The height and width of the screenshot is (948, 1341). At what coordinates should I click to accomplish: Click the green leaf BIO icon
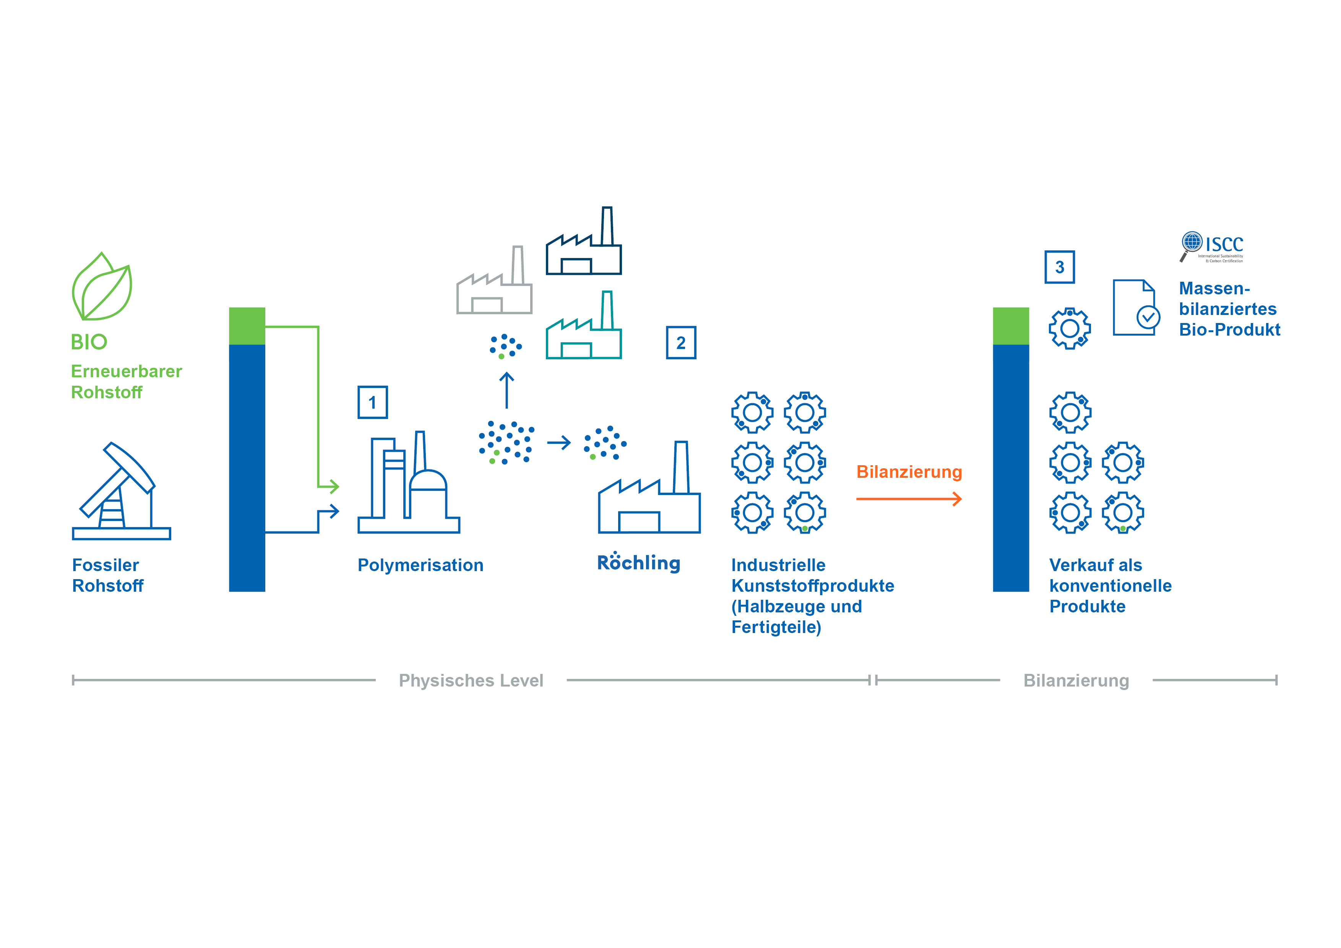(102, 287)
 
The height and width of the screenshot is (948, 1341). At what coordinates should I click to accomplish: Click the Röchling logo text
(638, 562)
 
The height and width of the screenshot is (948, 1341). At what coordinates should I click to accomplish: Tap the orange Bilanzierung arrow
(909, 499)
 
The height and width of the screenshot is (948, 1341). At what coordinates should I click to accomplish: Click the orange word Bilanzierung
(909, 472)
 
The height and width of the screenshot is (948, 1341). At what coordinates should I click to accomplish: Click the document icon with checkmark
(1135, 308)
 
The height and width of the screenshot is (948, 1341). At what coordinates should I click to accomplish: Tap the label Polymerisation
(420, 565)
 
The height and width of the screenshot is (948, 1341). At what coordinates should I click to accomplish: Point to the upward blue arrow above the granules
(507, 390)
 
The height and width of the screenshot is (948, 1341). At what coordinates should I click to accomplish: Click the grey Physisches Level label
(471, 680)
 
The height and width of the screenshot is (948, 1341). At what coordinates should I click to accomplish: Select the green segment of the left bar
(247, 326)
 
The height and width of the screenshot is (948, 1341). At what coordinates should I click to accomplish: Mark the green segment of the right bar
(1011, 326)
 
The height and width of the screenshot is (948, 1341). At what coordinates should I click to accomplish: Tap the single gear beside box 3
(1070, 329)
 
